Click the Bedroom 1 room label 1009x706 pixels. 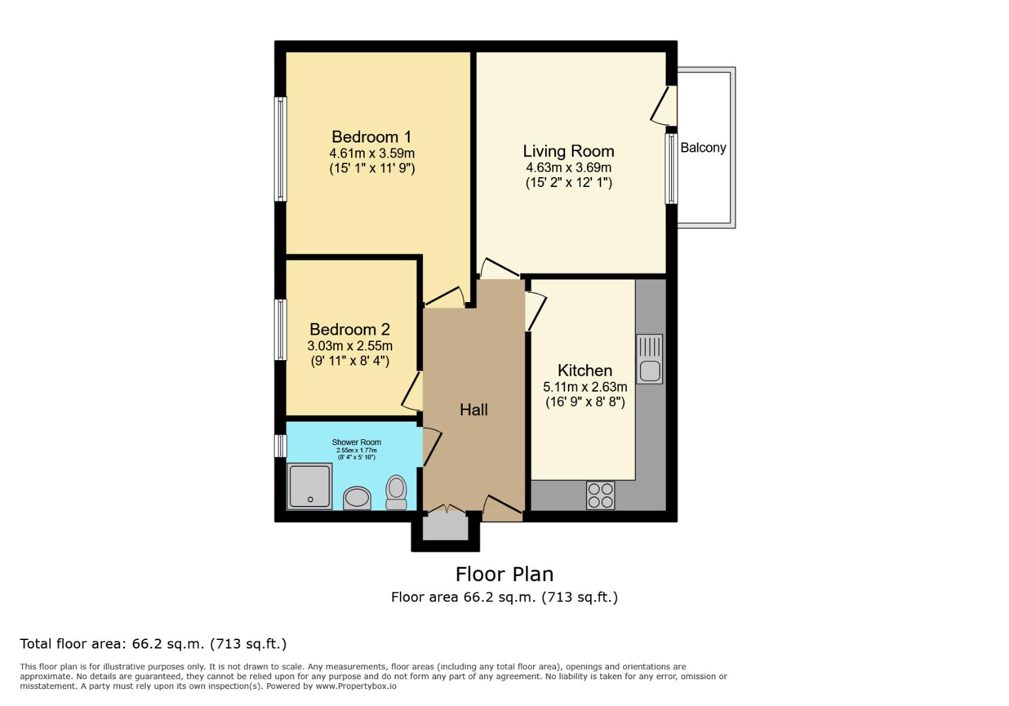tap(371, 137)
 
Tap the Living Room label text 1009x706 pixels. tap(568, 151)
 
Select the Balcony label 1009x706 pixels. tap(703, 148)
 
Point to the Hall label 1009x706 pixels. tap(473, 410)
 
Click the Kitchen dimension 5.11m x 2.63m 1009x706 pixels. tap(584, 387)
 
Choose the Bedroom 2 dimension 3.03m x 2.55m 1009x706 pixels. tap(350, 346)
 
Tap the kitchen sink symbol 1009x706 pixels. tap(649, 359)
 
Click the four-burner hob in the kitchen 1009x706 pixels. tap(600, 496)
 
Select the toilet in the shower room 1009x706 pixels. tap(396, 492)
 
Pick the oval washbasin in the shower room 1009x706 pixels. tap(357, 498)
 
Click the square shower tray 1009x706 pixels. tap(310, 486)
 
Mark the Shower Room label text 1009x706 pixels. tap(356, 443)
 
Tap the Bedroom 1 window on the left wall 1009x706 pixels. tap(280, 149)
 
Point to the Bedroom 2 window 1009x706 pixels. tap(280, 329)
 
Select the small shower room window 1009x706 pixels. tap(280, 446)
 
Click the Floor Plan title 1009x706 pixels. tap(504, 574)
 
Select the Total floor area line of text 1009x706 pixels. tap(153, 644)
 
